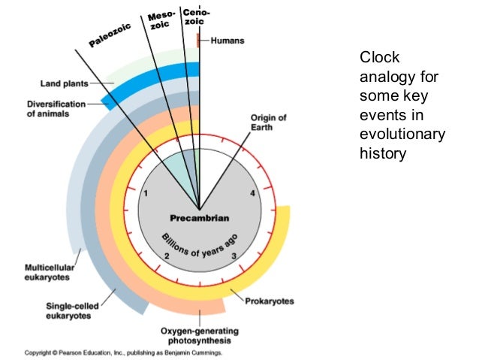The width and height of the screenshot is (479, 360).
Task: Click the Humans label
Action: point(227,41)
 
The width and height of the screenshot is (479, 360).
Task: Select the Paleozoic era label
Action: point(110,35)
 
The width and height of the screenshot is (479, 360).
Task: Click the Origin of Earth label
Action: point(268,122)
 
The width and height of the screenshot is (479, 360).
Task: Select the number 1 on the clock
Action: point(146,195)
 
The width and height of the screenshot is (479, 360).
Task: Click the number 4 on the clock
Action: point(252,195)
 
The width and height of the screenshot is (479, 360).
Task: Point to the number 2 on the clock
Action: point(167,258)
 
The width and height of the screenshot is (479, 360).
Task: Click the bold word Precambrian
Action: point(199,219)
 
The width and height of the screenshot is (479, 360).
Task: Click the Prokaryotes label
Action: point(270,301)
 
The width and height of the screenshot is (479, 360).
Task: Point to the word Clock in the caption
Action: point(380,58)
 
